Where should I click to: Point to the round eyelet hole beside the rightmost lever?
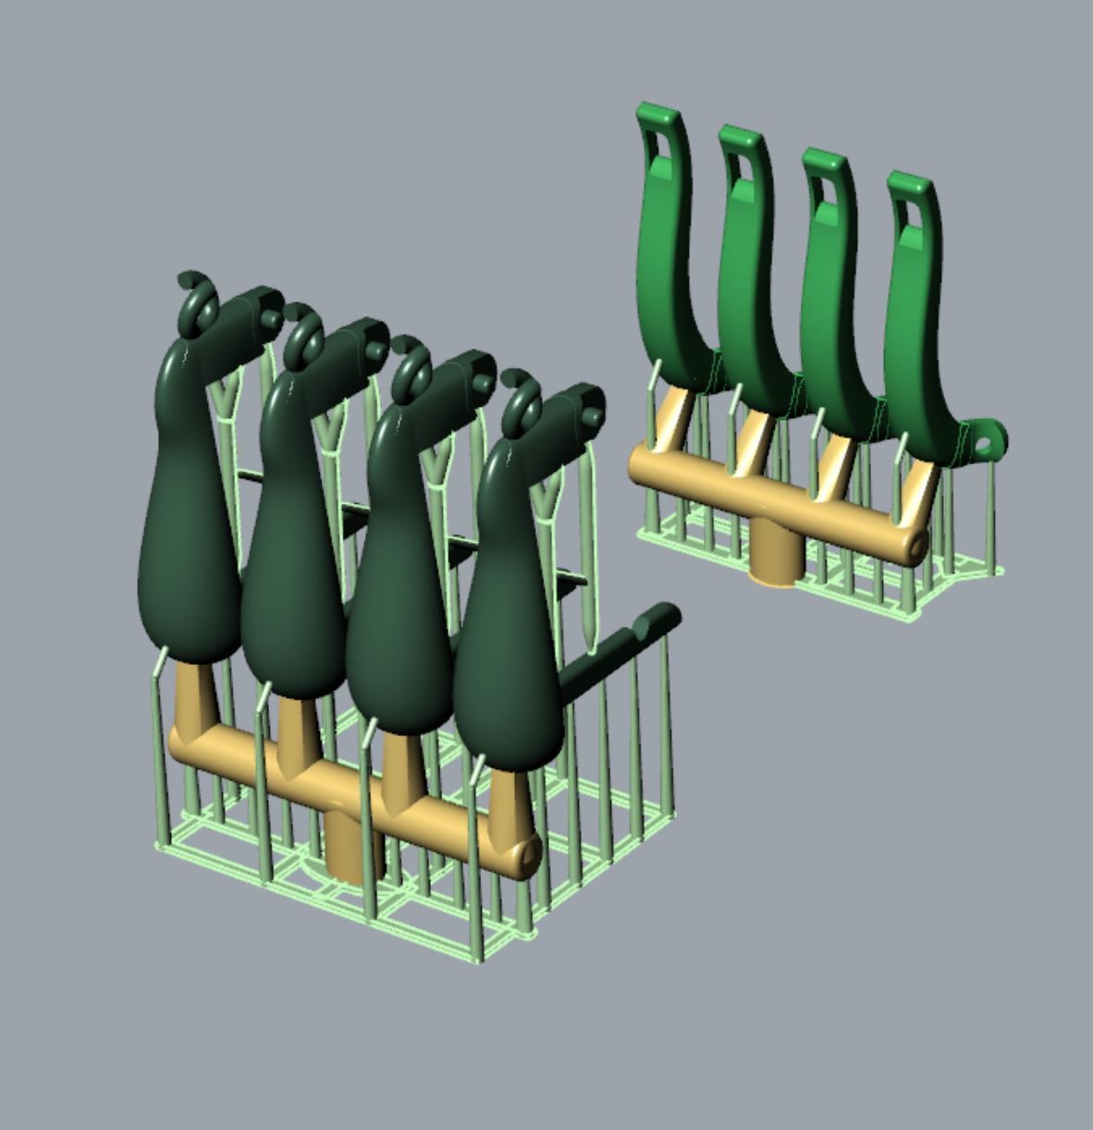(x=985, y=445)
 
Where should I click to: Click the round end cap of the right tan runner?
(x=916, y=547)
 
